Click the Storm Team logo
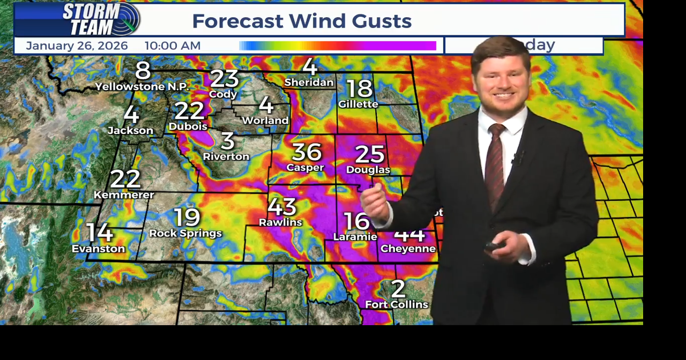coord(101,19)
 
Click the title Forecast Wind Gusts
coord(302,21)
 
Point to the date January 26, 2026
coord(77,46)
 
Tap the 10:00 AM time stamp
coord(173,46)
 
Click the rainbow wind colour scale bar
coord(338,46)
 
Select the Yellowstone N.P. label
coord(142,86)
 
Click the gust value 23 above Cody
coord(224,78)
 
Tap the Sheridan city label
coord(309,82)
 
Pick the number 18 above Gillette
coord(359,88)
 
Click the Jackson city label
coord(130,130)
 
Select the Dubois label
coord(188,126)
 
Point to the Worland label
coord(265,121)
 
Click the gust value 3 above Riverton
coord(227,141)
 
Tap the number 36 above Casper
coord(306,152)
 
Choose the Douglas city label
coord(368,170)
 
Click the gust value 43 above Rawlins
coord(282,207)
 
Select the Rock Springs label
coord(185,233)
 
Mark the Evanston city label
coord(99,249)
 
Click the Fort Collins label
coord(397,304)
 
